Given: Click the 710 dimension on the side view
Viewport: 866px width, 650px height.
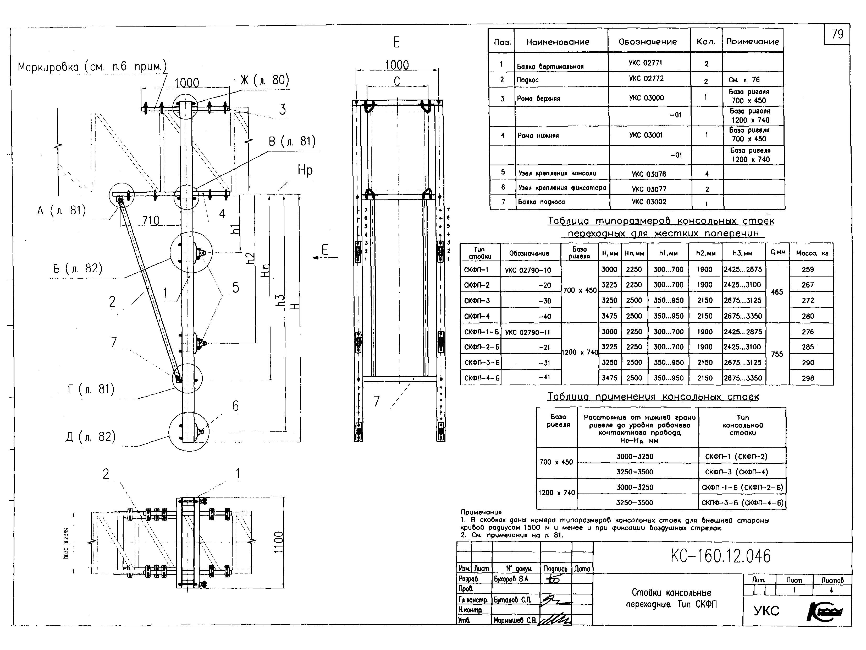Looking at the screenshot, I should [151, 221].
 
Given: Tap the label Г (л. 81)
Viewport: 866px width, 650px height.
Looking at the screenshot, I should [91, 389].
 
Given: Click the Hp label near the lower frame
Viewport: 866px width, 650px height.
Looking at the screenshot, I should [305, 170].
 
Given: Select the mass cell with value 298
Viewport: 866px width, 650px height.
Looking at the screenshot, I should [808, 378].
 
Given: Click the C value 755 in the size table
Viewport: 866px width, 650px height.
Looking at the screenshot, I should [777, 354].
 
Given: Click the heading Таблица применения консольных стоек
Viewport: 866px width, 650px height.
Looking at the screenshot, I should [653, 397].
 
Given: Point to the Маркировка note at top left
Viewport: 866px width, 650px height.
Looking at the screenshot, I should [92, 67].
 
